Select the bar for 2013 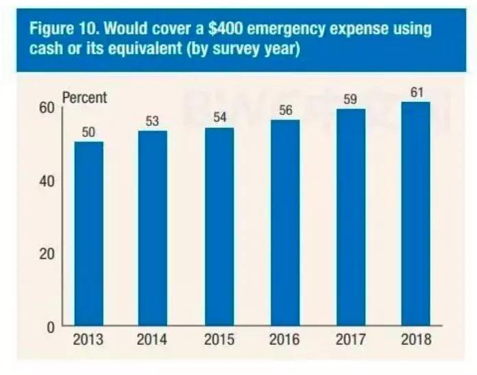point(89,233)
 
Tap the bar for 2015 point(219,226)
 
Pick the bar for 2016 point(285,222)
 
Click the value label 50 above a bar point(89,133)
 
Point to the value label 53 point(153,122)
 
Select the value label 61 point(415,92)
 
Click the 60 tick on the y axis point(47,107)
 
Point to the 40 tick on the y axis point(47,181)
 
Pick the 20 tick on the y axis point(47,254)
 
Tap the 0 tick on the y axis point(50,327)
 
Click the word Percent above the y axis point(84,98)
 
